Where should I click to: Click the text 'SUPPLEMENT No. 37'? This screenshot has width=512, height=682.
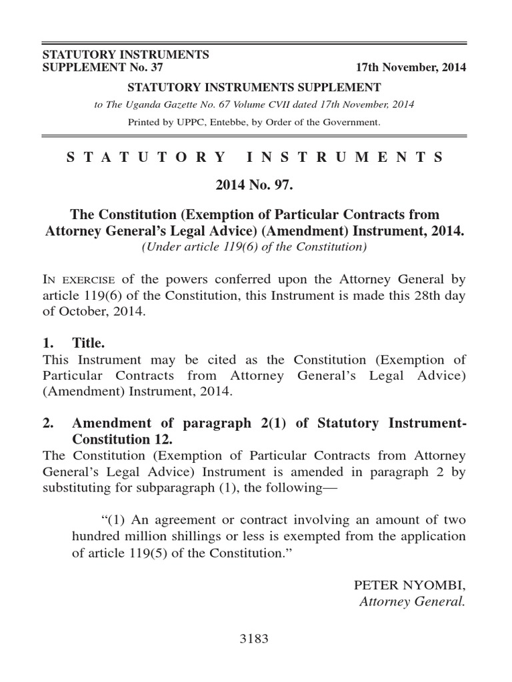(102, 67)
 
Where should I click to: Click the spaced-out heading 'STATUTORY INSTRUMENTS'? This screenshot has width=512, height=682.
(255, 158)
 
